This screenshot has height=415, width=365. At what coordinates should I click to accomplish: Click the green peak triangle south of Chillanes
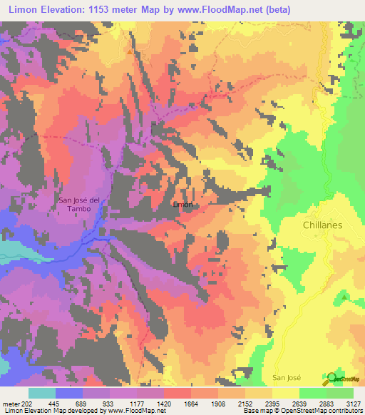point(346,297)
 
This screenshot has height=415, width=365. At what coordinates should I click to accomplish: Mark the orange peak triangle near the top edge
point(129,51)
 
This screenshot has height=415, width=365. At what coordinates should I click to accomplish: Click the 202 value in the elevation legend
point(27,402)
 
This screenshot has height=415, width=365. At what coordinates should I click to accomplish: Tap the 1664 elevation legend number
point(191,402)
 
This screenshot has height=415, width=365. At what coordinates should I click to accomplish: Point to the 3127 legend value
point(353,402)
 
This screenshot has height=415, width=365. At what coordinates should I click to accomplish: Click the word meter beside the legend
point(9,402)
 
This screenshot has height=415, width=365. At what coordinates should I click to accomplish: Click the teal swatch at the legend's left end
point(42,392)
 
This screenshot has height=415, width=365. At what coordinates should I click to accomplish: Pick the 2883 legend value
point(327,402)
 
